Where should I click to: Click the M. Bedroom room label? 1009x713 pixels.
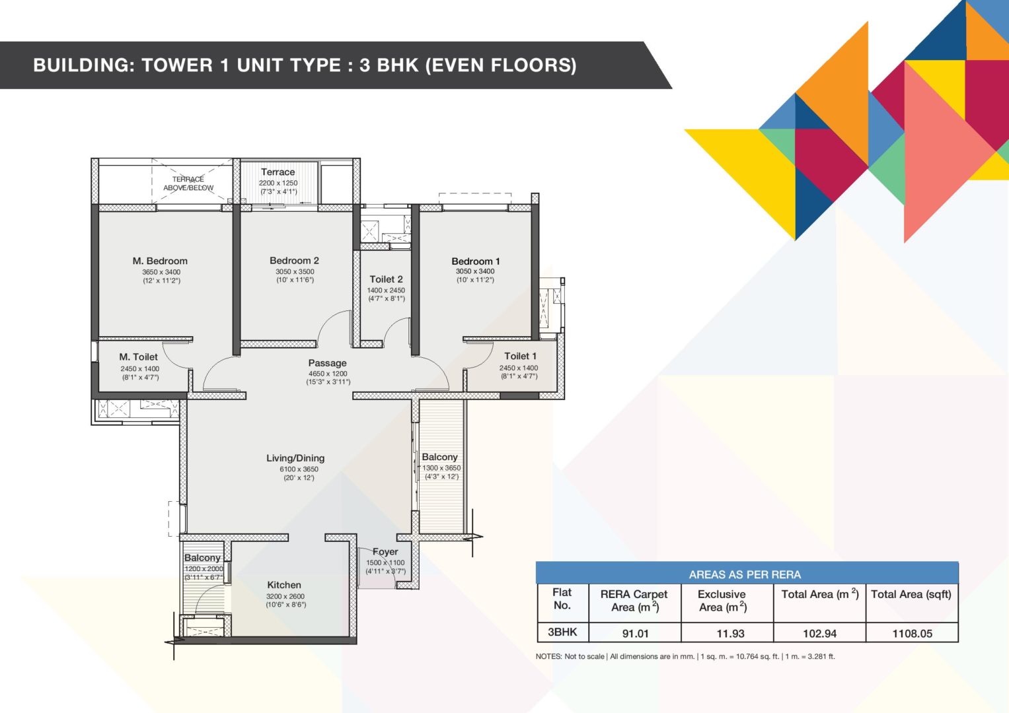coord(160,261)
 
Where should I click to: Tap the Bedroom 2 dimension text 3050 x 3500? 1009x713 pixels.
coord(295,271)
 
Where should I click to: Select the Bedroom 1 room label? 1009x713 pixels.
coord(476,261)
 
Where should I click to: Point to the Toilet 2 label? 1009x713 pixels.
coord(386,279)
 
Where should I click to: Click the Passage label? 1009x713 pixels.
coord(328,363)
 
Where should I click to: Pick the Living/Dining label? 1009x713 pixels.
coord(295,458)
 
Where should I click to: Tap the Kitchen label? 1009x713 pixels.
coord(283,585)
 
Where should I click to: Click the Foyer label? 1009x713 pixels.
coord(385,551)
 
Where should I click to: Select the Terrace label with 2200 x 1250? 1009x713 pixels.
coord(278,172)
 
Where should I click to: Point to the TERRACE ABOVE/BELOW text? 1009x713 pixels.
coord(188,184)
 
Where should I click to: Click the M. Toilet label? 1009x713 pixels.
coord(138,357)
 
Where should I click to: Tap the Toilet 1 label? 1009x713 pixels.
coord(520,356)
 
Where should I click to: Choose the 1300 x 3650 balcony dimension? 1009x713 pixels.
coord(441,468)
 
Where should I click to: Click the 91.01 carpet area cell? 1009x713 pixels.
coord(635,633)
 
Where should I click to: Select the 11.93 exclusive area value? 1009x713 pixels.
coord(730,633)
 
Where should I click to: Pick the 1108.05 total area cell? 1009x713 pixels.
coord(912,633)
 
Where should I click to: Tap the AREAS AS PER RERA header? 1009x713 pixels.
coord(745,574)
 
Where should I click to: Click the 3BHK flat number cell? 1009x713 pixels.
coord(562,632)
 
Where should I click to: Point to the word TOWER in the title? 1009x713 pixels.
coord(177,65)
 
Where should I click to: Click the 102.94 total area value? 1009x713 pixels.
coord(819,633)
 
